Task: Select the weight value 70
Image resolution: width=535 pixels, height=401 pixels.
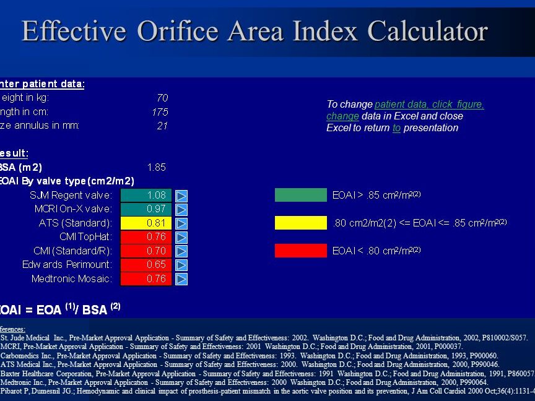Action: [x=162, y=97]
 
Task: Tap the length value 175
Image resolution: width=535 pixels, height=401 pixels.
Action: [x=160, y=112]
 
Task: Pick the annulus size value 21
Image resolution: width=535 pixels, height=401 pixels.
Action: [x=162, y=126]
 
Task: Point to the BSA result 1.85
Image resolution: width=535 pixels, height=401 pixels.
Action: [x=156, y=167]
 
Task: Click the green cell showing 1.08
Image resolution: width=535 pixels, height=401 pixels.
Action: [x=146, y=195]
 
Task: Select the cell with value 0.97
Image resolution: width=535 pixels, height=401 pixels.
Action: [x=146, y=209]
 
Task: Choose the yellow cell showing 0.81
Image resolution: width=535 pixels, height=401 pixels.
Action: [x=146, y=223]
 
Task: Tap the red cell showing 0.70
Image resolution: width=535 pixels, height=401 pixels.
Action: [x=146, y=251]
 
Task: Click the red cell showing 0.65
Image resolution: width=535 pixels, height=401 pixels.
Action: [x=146, y=265]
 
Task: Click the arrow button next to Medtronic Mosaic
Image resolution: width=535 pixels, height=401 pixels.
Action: [x=181, y=279]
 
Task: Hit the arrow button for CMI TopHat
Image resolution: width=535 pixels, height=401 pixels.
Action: [x=181, y=237]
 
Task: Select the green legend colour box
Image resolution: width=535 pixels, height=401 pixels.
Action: [x=300, y=195]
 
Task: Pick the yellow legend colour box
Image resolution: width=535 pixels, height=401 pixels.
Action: [x=300, y=223]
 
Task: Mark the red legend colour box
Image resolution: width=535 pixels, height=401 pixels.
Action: [x=300, y=251]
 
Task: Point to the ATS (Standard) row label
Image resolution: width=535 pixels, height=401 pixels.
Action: [x=75, y=223]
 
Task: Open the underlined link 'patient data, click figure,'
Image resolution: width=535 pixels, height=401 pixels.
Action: [x=429, y=105]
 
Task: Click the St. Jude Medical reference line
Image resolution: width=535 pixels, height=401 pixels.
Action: [x=264, y=338]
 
